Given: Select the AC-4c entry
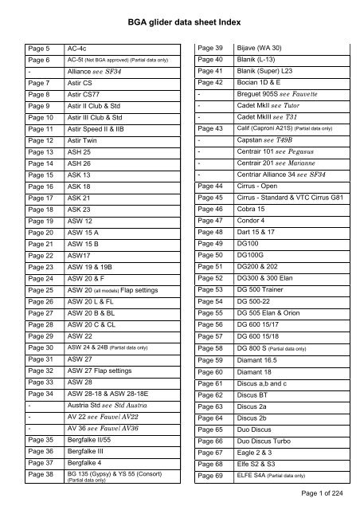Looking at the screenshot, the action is (78, 47).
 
